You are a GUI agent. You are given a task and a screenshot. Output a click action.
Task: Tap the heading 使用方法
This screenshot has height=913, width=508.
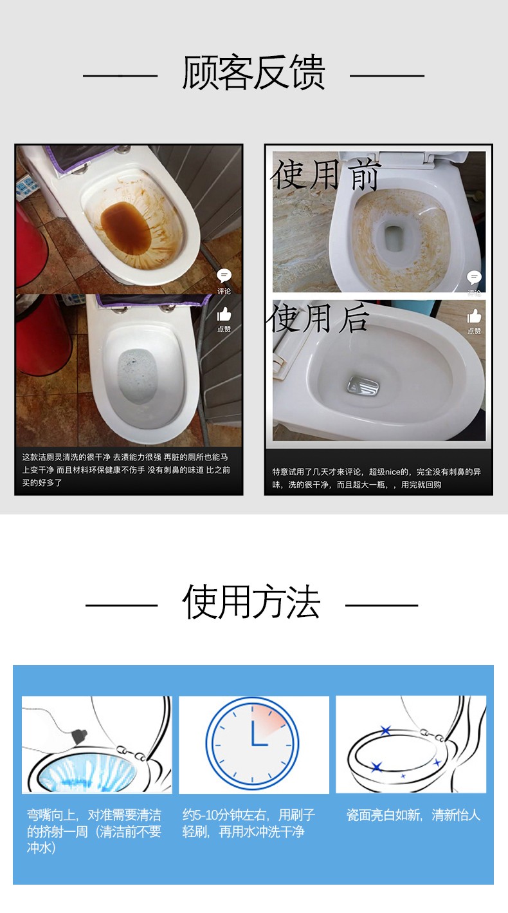pyautogui.click(x=251, y=601)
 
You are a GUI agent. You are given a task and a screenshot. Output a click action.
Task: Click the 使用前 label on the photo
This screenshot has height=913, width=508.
pyautogui.click(x=325, y=174)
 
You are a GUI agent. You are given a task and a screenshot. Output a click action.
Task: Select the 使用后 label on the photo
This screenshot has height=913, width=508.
pyautogui.click(x=318, y=318)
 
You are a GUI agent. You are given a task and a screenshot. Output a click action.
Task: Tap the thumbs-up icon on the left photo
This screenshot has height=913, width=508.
pyautogui.click(x=224, y=315)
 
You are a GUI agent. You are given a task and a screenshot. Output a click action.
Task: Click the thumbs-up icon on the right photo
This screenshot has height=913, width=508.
pyautogui.click(x=474, y=316)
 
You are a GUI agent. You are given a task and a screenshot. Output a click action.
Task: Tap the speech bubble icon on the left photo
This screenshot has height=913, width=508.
pyautogui.click(x=224, y=276)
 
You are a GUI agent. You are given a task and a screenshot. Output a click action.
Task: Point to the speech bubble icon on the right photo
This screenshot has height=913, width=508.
pyautogui.click(x=474, y=278)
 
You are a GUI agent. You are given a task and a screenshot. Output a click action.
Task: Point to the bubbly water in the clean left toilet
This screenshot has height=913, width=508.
pyautogui.click(x=137, y=376)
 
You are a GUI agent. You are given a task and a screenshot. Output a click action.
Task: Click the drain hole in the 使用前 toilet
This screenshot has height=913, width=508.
pyautogui.click(x=392, y=238)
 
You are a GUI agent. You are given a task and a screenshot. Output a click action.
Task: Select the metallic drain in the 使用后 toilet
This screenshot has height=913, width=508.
pyautogui.click(x=363, y=385)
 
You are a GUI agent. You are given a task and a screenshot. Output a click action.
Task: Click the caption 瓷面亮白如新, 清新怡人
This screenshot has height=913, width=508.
pyautogui.click(x=413, y=814)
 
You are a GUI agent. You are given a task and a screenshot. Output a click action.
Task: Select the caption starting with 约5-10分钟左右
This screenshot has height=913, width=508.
pyautogui.click(x=248, y=823)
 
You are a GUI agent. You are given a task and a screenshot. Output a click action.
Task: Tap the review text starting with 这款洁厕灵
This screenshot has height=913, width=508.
pyautogui.click(x=126, y=469)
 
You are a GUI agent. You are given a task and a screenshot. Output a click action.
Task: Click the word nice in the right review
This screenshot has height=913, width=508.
pyautogui.click(x=393, y=471)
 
